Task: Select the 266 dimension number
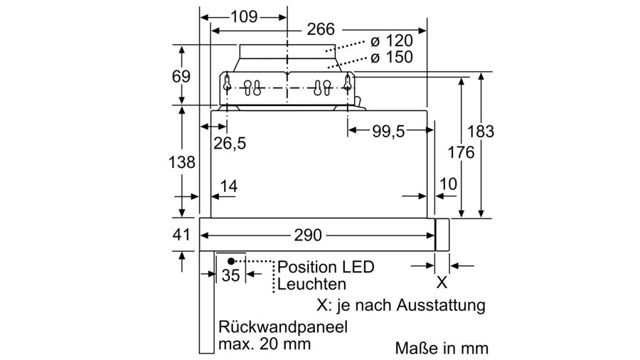[321, 29]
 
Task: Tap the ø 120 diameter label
[390, 41]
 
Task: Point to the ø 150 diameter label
[390, 58]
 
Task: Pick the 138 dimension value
[181, 162]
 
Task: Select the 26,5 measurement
[230, 144]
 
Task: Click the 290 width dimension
[309, 235]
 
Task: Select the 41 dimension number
[181, 235]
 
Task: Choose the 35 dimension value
[230, 275]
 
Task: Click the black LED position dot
[231, 261]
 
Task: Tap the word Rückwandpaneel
[283, 328]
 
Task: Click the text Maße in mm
[442, 349]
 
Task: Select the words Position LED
[325, 267]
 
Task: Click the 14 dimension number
[228, 186]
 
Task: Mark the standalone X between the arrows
[442, 282]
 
